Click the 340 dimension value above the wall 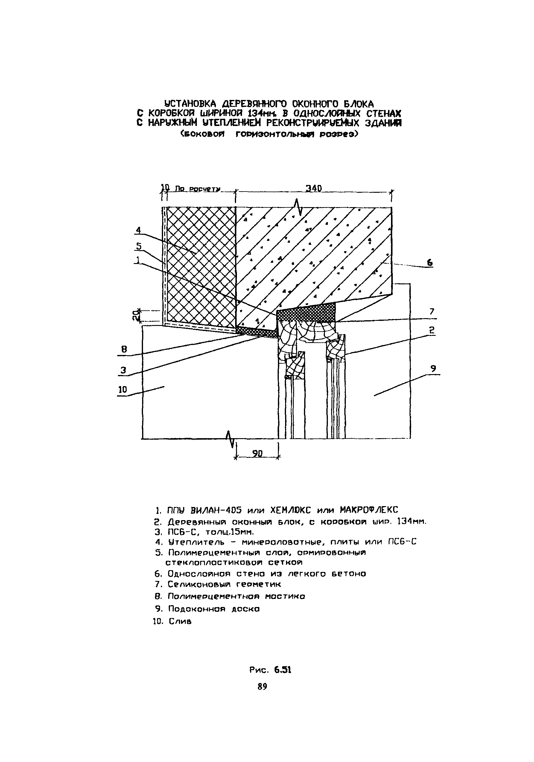tap(314, 189)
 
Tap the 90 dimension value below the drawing tap(257, 454)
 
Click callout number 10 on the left tap(123, 390)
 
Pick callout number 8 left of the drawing tap(124, 349)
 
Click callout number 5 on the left tap(139, 246)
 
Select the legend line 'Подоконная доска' tap(214, 609)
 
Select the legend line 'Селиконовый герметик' tap(224, 584)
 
